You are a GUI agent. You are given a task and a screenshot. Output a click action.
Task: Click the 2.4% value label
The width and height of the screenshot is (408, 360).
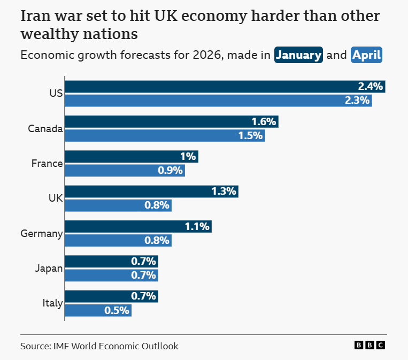[x=371, y=87]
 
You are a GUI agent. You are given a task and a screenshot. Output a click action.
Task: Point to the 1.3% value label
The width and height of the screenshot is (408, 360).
[x=224, y=192]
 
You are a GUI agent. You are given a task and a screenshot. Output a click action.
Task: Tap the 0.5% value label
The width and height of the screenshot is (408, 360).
[x=117, y=310]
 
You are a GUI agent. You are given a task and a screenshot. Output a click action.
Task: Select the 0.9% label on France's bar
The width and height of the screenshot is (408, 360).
[x=171, y=171]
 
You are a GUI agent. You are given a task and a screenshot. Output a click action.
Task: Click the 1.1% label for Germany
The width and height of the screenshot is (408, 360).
[x=197, y=226]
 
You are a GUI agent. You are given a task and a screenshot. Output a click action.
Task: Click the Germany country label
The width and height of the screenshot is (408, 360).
[x=42, y=234]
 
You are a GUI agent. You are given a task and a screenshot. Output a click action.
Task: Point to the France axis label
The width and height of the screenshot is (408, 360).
[x=47, y=164]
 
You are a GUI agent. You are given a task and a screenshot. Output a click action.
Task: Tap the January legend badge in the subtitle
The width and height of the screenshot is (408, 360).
[x=298, y=55]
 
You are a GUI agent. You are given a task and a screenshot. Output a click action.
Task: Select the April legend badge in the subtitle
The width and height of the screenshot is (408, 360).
[x=366, y=55]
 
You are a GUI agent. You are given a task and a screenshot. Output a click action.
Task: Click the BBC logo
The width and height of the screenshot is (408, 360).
[x=369, y=346]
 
